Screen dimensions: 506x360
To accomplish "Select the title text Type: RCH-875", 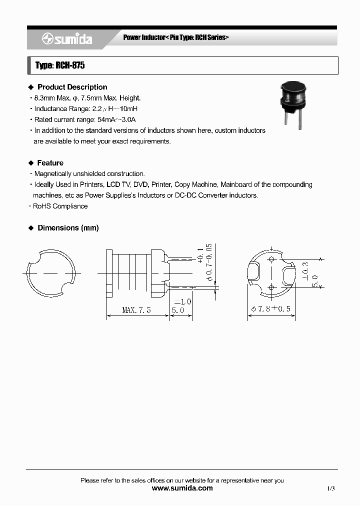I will point(56,65).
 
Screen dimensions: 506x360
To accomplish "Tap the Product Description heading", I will point(72,87).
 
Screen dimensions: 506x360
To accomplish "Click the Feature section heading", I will point(50,163).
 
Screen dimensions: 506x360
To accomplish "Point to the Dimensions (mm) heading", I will point(68,228).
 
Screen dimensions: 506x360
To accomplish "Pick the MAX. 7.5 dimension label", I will point(136,310).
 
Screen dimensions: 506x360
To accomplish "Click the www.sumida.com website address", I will point(182,488).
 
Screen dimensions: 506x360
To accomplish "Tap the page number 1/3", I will point(331,488).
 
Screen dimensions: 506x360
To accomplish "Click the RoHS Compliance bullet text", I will point(60,206).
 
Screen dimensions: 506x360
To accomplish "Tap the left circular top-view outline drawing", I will point(51,273).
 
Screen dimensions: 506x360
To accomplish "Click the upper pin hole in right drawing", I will point(271,259).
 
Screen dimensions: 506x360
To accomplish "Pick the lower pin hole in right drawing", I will point(271,287).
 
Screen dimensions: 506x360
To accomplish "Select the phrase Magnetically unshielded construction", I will point(89,174).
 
